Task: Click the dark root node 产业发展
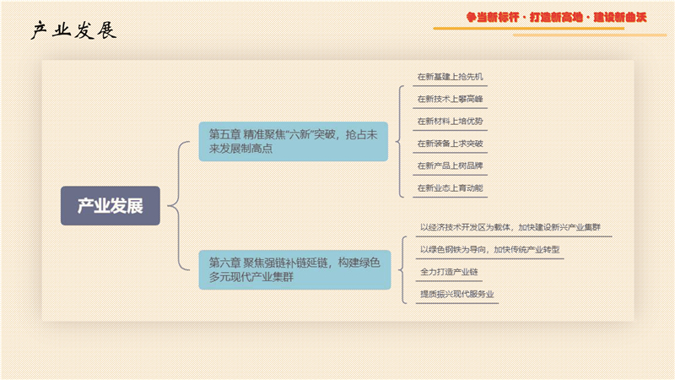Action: tap(111, 205)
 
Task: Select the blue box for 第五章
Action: tap(293, 141)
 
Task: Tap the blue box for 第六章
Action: tap(294, 269)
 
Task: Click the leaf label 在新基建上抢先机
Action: tap(450, 77)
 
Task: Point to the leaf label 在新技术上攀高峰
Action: tap(450, 99)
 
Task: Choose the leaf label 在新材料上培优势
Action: tap(450, 122)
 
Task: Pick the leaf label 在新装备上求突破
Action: tap(450, 144)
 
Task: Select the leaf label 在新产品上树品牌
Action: tap(450, 166)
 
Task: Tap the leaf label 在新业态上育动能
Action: tap(450, 188)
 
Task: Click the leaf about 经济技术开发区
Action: tap(510, 227)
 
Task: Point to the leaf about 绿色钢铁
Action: tap(490, 249)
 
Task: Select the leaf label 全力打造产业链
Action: tap(449, 272)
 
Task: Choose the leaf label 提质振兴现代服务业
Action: tap(456, 294)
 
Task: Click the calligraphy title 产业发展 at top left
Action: tap(73, 30)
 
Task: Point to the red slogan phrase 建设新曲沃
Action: tap(620, 17)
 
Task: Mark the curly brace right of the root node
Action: tap(178, 205)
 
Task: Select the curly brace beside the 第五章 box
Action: tap(399, 141)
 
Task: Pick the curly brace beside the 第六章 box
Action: tap(402, 269)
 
